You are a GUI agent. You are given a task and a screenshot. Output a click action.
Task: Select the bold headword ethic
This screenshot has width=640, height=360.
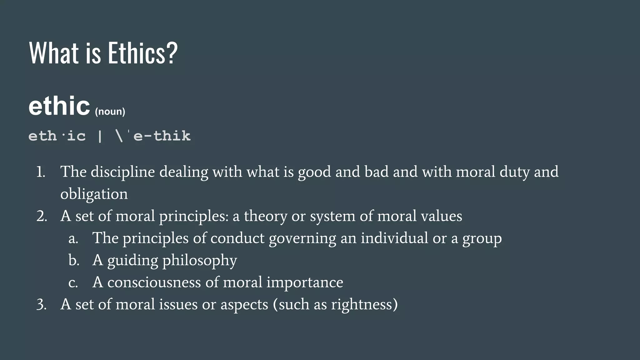[x=59, y=106]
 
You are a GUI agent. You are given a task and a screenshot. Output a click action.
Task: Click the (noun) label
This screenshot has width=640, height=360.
[x=110, y=112]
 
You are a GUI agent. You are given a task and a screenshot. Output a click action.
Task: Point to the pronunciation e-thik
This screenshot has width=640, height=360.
[x=162, y=136]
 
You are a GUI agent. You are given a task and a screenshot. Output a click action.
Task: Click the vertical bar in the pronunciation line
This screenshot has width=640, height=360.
[x=100, y=136]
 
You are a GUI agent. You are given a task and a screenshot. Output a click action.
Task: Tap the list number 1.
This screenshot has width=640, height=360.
[x=41, y=172]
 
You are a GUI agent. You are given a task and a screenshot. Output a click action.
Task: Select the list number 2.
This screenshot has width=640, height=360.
[x=42, y=216]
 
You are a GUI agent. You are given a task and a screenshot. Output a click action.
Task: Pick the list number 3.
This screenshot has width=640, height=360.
[x=42, y=304]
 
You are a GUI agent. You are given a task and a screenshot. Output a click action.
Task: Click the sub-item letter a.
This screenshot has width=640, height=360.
[x=73, y=238]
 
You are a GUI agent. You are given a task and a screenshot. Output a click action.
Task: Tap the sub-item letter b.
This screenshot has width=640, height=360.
[x=74, y=260]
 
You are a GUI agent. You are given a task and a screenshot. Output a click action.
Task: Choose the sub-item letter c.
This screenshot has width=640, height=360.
[x=73, y=282]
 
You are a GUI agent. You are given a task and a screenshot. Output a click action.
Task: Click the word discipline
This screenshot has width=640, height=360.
[x=123, y=172]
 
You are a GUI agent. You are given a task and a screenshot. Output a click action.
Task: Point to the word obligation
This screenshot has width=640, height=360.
[x=94, y=194]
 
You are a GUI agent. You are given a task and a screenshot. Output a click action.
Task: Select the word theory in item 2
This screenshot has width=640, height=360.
[x=265, y=216]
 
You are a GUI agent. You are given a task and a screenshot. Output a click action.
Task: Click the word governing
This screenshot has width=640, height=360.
[x=302, y=238]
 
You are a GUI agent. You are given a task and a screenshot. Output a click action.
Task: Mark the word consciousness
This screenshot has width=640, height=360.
[x=154, y=282]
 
